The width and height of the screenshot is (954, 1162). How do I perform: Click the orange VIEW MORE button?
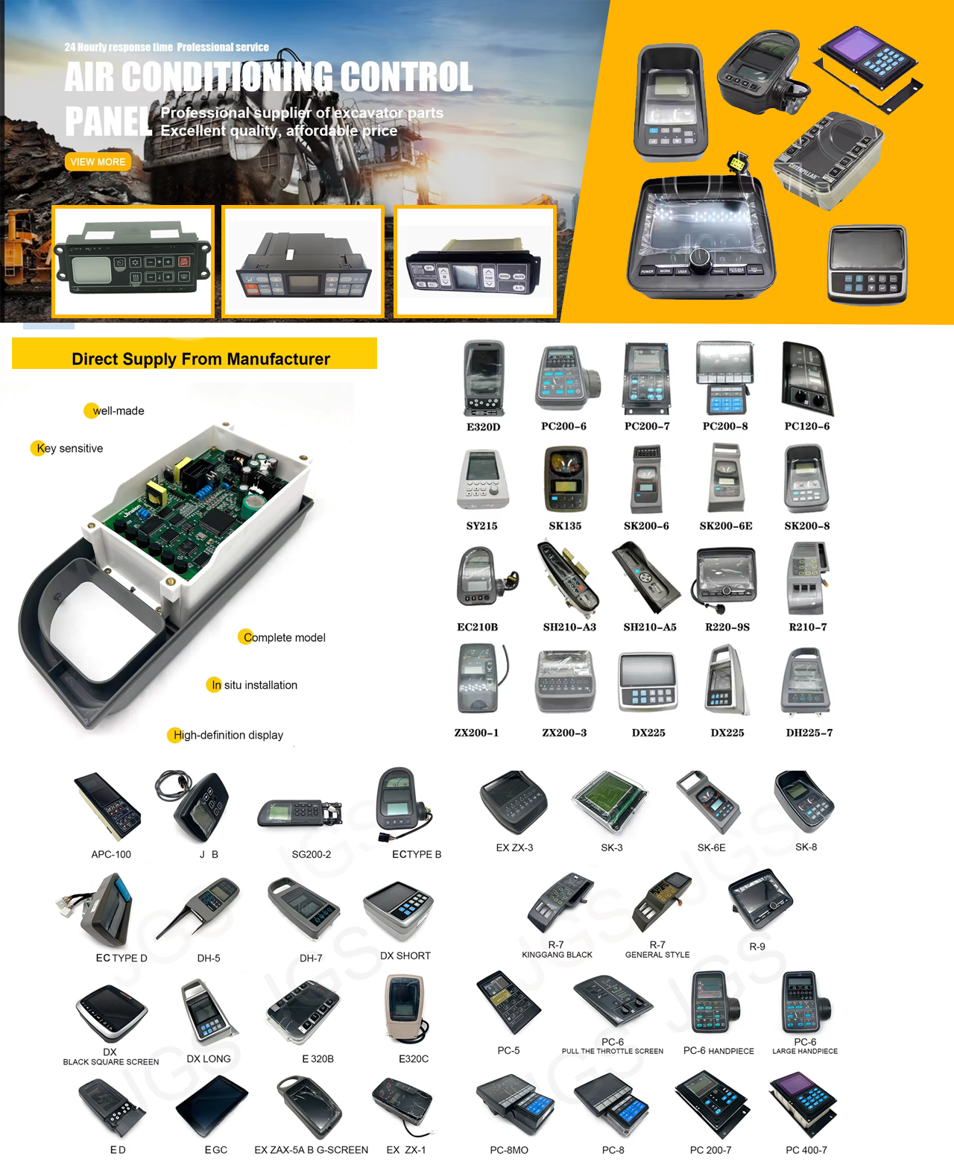98,162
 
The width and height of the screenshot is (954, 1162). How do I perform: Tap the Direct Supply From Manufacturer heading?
201,359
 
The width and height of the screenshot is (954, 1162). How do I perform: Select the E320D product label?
483,427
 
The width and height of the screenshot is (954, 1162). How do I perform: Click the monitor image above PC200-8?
725,378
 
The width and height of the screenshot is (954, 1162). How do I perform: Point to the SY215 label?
481,525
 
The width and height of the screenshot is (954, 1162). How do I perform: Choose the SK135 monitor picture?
566,479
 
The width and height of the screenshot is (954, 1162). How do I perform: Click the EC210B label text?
477,627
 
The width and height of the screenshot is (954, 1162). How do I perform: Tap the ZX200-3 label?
564,733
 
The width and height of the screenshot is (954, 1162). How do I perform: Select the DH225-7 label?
809,733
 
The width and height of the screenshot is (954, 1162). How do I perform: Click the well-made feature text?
119,411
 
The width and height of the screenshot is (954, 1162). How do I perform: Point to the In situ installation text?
254,685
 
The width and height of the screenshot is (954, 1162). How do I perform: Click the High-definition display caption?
228,735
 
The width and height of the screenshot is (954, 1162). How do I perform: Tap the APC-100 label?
111,855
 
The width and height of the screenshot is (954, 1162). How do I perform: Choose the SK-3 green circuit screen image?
610,802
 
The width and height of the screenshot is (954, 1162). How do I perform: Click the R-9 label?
756,947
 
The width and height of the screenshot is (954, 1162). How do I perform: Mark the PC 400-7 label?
806,1150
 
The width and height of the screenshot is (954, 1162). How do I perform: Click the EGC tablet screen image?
212,1106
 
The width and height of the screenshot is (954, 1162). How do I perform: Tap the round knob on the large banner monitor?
700,259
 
